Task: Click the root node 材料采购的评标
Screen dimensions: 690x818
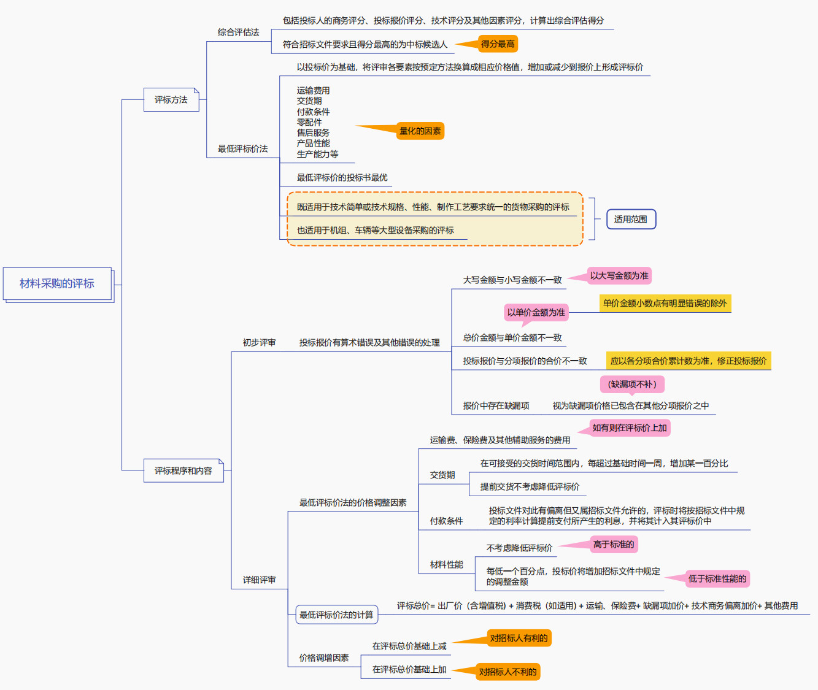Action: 57,283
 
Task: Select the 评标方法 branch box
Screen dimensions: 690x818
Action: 171,99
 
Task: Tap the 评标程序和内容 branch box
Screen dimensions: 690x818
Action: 183,470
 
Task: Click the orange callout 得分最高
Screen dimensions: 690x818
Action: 498,44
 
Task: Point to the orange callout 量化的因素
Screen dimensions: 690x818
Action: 420,131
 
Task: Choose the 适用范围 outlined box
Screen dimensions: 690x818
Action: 631,219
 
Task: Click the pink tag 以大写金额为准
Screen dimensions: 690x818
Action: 619,275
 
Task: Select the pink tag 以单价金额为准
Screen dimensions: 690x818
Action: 536,312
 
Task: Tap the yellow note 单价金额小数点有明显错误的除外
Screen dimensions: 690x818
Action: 665,303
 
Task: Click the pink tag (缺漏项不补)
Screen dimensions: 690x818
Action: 632,384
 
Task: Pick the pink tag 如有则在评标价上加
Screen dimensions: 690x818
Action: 630,427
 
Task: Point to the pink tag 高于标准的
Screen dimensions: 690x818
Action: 614,544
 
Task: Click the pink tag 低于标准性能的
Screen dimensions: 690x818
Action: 717,578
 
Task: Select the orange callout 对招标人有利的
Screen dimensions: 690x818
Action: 519,638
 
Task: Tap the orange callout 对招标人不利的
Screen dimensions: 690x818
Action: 508,672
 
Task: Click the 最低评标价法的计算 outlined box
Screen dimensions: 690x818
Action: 336,615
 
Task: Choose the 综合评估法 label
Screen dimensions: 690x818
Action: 238,32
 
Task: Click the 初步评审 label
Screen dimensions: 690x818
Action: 259,342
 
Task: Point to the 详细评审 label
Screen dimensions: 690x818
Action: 259,580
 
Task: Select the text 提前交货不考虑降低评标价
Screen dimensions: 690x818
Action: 530,486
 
